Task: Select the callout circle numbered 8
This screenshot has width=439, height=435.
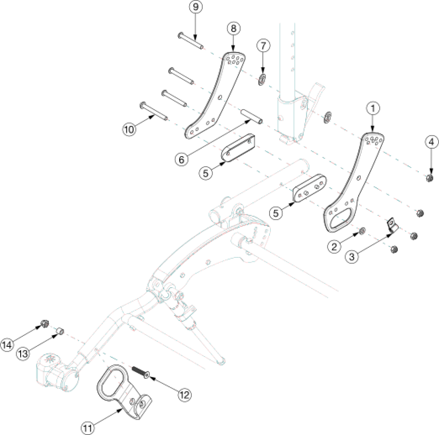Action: point(233,28)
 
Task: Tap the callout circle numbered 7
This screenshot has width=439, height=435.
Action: point(263,46)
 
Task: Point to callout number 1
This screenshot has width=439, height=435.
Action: point(373,107)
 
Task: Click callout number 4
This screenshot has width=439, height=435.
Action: point(431,142)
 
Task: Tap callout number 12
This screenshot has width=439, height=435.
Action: point(184,395)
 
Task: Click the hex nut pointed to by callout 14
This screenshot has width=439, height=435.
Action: point(44,324)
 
